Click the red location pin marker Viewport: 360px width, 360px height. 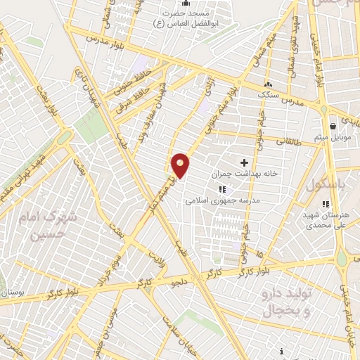(181, 165)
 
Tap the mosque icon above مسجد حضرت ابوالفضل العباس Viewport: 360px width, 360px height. (184, 4)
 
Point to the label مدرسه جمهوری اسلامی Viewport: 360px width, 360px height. (223, 200)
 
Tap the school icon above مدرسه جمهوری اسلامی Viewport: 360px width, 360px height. (223, 189)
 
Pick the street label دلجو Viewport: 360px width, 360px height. (181, 283)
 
